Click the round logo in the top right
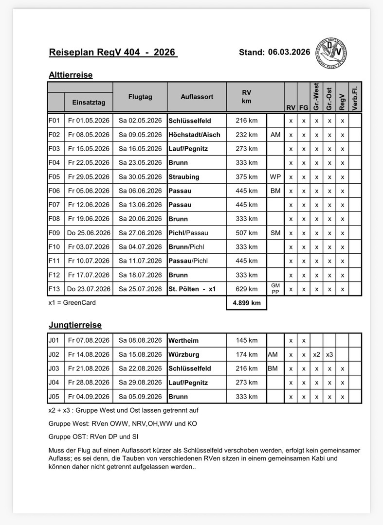pyautogui.click(x=330, y=52)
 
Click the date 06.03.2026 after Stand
pyautogui.click(x=289, y=52)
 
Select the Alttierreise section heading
pyautogui.click(x=71, y=75)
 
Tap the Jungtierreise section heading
pyautogui.click(x=75, y=324)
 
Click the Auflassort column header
pyautogui.click(x=197, y=97)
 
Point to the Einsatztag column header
pyautogui.click(x=89, y=103)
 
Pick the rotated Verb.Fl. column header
pyautogui.click(x=355, y=97)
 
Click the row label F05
pyautogui.click(x=55, y=177)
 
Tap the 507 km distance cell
pyautogui.click(x=247, y=233)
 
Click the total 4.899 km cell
pyautogui.click(x=247, y=303)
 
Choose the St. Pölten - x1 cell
pyautogui.click(x=192, y=289)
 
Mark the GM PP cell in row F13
pyautogui.click(x=275, y=289)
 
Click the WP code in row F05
pyautogui.click(x=275, y=177)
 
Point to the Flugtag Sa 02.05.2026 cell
pyautogui.click(x=140, y=121)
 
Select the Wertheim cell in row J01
pyautogui.click(x=183, y=340)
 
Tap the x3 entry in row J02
pyautogui.click(x=329, y=354)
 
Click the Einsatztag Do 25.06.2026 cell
pyautogui.click(x=89, y=233)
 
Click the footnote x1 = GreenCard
pyautogui.click(x=72, y=302)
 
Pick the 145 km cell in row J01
pyautogui.click(x=247, y=340)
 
